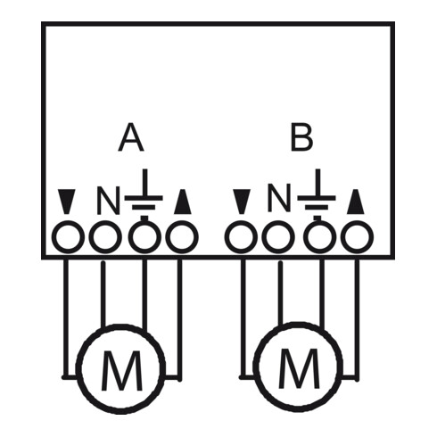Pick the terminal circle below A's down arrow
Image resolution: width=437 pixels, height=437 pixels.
[x=66, y=238]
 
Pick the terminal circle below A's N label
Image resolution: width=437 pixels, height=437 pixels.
[x=104, y=238]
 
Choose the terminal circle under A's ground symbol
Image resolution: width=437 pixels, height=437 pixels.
[x=144, y=238]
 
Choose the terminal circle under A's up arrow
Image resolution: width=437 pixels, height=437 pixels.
[x=182, y=238]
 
